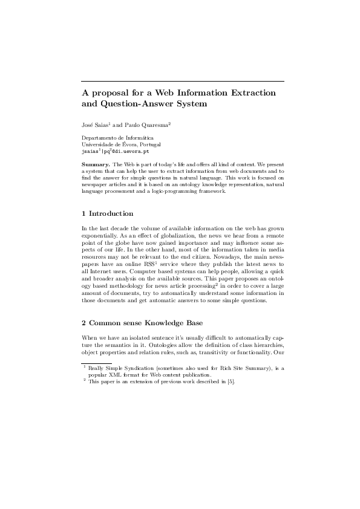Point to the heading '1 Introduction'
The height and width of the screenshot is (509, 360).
(108, 213)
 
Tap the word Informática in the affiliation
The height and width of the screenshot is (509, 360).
(139, 138)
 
